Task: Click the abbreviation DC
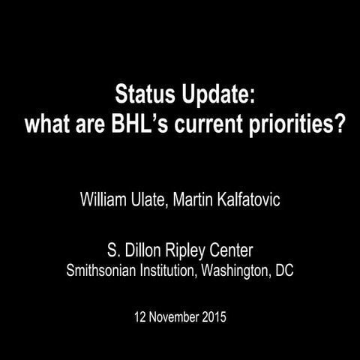tap(284, 269)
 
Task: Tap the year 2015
tap(211, 316)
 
